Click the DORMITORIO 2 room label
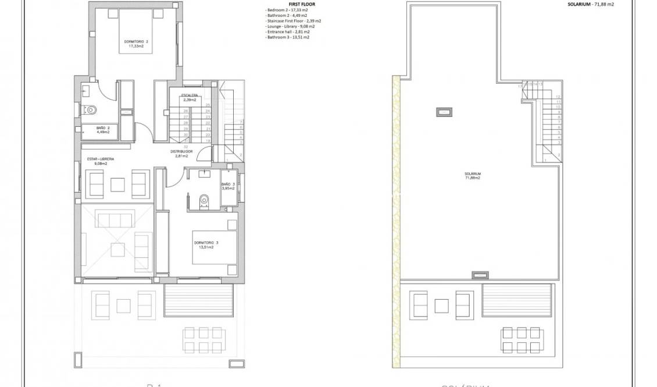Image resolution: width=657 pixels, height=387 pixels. (x=135, y=44)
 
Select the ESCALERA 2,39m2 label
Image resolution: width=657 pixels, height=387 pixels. (x=190, y=97)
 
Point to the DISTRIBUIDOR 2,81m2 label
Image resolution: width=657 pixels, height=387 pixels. (x=181, y=153)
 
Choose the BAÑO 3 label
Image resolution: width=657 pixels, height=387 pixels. (x=228, y=186)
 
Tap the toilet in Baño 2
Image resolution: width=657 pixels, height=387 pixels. (x=90, y=109)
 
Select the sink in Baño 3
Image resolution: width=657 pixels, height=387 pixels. (x=205, y=173)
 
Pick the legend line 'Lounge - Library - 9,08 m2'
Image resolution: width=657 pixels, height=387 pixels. (x=290, y=26)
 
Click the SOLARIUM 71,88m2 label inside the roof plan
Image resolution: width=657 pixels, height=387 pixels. (x=472, y=176)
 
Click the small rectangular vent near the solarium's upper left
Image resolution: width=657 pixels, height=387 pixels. (x=445, y=111)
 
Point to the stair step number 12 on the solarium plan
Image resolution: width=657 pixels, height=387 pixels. (x=558, y=97)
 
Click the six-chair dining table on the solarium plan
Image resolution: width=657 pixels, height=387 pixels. (x=520, y=340)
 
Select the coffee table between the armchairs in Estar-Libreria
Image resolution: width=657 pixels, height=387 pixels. (x=118, y=184)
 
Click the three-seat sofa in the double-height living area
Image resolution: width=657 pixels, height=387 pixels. (x=115, y=220)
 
